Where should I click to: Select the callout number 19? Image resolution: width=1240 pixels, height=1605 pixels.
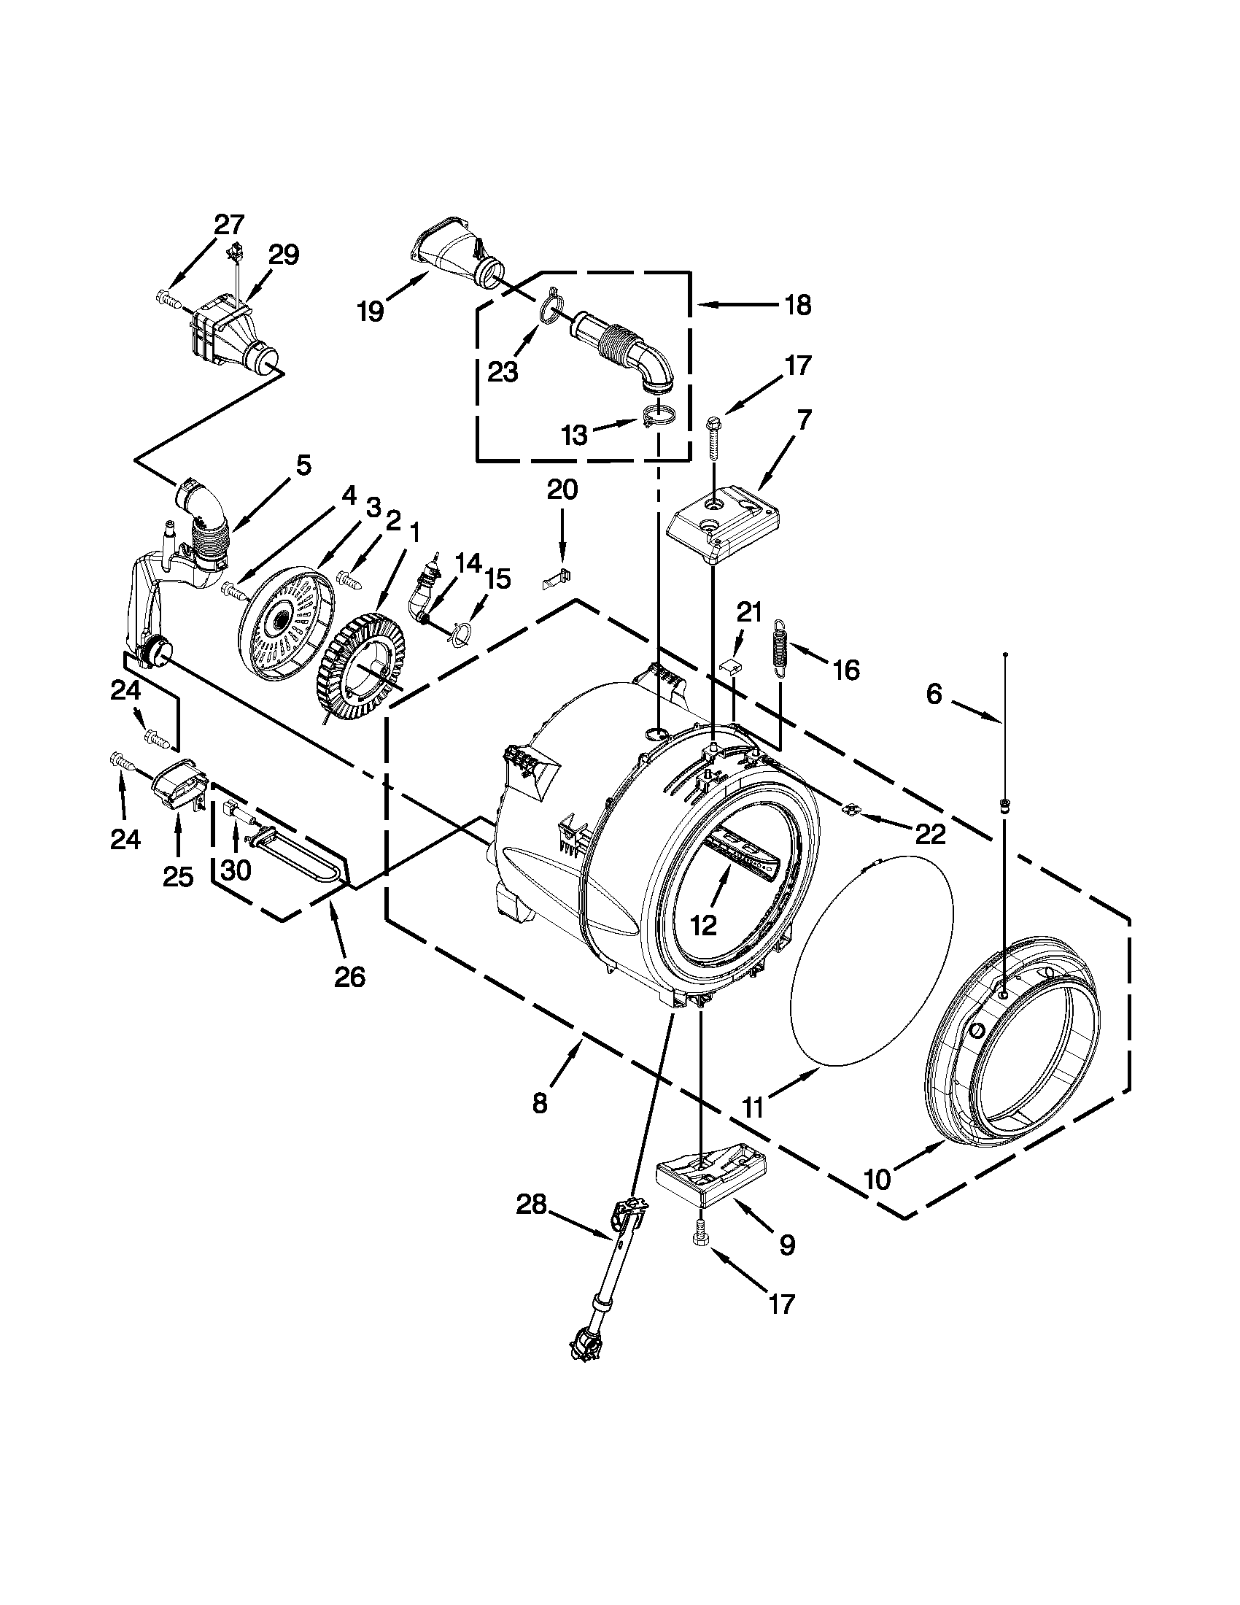(371, 312)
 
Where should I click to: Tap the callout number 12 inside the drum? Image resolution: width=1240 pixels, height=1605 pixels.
(703, 925)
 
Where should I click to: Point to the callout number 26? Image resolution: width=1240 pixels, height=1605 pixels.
(349, 977)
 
